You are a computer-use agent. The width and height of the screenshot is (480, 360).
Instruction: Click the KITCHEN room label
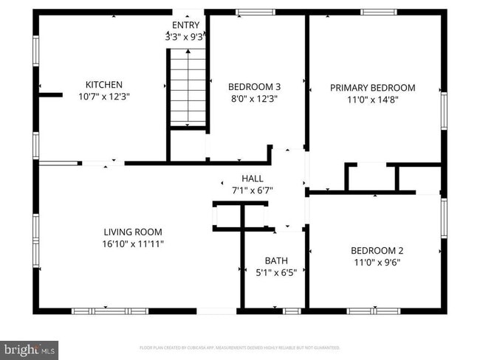[x=104, y=85]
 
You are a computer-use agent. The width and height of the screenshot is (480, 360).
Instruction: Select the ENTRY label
[x=185, y=24]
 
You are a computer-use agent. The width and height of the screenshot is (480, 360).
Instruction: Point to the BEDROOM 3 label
[x=254, y=86]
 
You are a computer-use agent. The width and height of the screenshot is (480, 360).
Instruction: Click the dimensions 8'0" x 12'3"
[x=254, y=98]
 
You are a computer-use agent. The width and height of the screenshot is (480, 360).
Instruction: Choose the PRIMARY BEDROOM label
[x=372, y=88]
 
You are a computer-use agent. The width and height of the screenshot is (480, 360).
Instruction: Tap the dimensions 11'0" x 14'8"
[x=372, y=100]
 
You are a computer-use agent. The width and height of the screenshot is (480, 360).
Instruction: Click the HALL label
[x=252, y=178]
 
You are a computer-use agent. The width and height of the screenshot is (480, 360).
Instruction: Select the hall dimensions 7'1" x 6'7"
[x=252, y=190]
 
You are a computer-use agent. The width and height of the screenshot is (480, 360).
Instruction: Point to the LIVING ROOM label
[x=133, y=232]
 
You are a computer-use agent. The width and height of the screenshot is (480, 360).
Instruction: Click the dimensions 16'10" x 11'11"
[x=133, y=243]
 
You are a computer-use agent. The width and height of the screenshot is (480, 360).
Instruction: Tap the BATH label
[x=275, y=260]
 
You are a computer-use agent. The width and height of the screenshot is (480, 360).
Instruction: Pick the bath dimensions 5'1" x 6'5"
[x=275, y=272]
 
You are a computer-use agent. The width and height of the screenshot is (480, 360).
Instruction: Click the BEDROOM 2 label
[x=377, y=249]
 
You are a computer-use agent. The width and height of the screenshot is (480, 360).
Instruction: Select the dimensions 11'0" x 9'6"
[x=377, y=260]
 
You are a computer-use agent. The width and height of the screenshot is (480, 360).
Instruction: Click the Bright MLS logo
[x=30, y=347]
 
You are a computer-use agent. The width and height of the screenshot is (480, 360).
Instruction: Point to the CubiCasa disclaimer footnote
[x=239, y=347]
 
